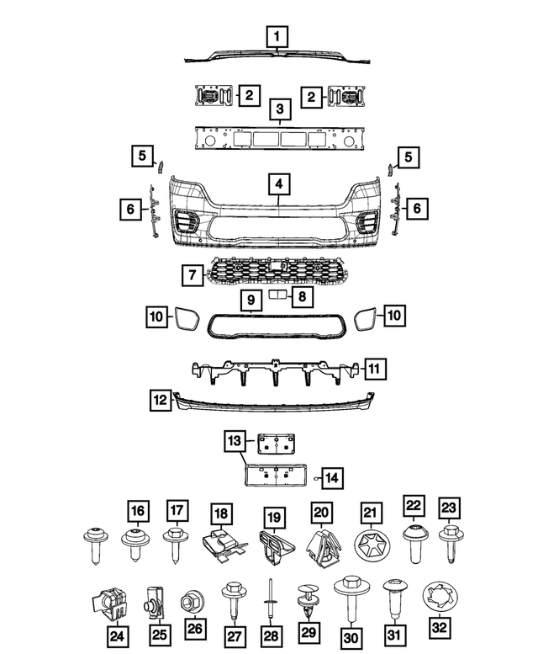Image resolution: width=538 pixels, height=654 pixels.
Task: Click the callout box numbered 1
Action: point(277,37)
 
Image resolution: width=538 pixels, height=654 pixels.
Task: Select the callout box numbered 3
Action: point(280,109)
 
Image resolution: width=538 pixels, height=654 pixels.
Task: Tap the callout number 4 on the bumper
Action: point(278,185)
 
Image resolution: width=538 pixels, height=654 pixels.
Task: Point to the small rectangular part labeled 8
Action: point(276,295)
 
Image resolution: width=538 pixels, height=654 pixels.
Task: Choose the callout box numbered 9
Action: point(251,300)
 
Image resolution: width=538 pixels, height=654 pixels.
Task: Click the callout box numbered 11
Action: point(375,369)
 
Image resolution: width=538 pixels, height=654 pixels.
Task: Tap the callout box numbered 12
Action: point(161,400)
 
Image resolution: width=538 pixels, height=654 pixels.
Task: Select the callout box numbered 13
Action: point(235,441)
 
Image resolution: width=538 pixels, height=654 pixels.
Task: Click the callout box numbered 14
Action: point(332,478)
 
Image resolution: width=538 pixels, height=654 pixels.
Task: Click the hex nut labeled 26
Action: point(193,602)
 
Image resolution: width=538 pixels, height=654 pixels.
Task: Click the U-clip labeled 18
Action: point(223,546)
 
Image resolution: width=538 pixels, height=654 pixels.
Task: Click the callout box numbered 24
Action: point(117,637)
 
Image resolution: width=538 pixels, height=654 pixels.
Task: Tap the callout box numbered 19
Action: point(274,517)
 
